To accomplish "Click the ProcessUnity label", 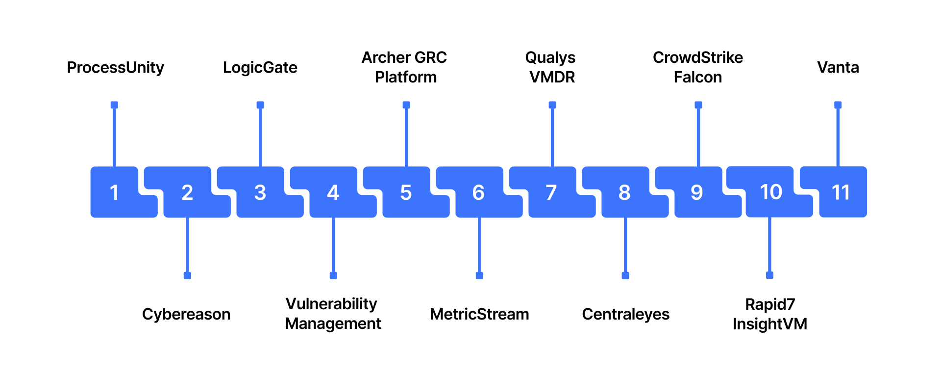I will click(x=115, y=67).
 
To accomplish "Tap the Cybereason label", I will click(x=186, y=314).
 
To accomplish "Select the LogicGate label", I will click(x=260, y=67).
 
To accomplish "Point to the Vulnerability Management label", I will click(x=333, y=314).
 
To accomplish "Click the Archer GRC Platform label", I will click(x=405, y=67).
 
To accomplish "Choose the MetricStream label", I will click(x=479, y=314).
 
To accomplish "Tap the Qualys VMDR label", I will click(x=551, y=67).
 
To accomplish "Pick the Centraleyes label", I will click(x=625, y=314).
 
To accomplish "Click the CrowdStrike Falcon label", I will click(x=698, y=67).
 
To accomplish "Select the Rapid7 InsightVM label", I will click(x=770, y=314).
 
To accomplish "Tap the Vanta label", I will click(x=838, y=67).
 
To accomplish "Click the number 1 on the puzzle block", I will click(x=114, y=192).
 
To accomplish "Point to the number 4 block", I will click(x=333, y=192).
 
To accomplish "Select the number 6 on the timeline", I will click(x=479, y=192).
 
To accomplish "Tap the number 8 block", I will click(x=624, y=192).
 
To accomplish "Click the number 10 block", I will click(x=771, y=192).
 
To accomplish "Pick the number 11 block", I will click(x=841, y=192).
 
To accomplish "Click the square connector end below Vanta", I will click(x=838, y=105).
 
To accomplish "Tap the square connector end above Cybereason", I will click(x=187, y=275).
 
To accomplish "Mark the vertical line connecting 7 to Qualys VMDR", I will click(x=552, y=137).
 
